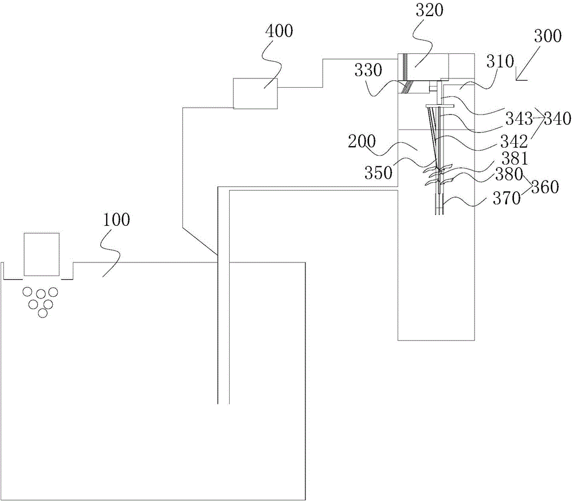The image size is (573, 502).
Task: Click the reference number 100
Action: [116, 219]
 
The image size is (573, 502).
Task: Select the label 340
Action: [558, 119]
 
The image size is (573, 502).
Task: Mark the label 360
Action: [545, 187]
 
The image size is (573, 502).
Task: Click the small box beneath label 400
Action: [256, 93]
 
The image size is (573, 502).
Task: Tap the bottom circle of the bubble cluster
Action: [42, 313]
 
